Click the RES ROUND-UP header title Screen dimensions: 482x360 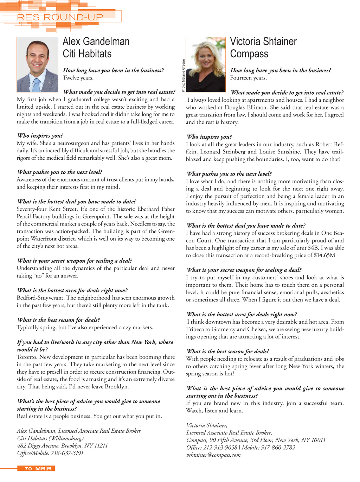pos(60,17)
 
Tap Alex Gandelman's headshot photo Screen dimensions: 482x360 pos(37,64)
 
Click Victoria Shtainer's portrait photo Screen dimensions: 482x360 pos(206,64)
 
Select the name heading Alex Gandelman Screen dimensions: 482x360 pos(96,42)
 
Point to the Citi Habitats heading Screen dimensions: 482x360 pos(87,54)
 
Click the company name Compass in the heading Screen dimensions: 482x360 pos(249,54)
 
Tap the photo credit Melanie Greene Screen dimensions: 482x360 pos(183,76)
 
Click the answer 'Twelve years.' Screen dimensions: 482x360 pos(78,78)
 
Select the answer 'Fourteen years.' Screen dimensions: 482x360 pos(248,78)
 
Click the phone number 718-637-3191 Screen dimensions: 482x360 pos(67,453)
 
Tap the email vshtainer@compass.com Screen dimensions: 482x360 pos(213,455)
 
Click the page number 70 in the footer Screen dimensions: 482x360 pos(28,469)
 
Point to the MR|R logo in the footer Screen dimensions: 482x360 pos(43,469)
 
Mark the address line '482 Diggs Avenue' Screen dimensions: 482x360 pos(39,445)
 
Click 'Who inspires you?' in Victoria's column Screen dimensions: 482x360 pos(209,137)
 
